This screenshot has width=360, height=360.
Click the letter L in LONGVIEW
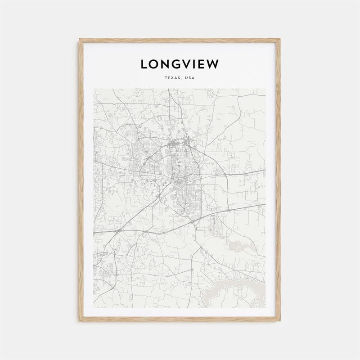click(144, 64)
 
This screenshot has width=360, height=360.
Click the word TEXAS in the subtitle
click(172, 78)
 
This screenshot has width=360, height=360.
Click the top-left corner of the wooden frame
click(80, 39)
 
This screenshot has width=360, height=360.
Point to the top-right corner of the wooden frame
click(280, 39)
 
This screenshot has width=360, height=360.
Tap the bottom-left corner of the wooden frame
click(80, 321)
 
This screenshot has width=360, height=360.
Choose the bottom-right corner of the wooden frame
click(280, 321)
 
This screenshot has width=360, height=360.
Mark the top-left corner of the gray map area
click(94, 89)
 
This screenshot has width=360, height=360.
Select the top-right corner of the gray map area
click(265, 89)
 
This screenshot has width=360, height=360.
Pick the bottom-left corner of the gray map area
click(94, 308)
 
